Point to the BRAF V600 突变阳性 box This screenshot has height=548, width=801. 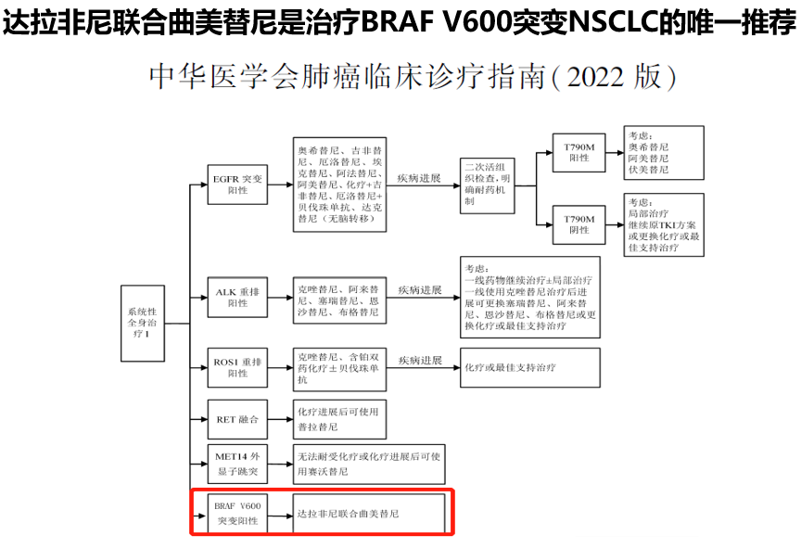point(237,513)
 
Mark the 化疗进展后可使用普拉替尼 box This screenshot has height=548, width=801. point(338,419)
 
